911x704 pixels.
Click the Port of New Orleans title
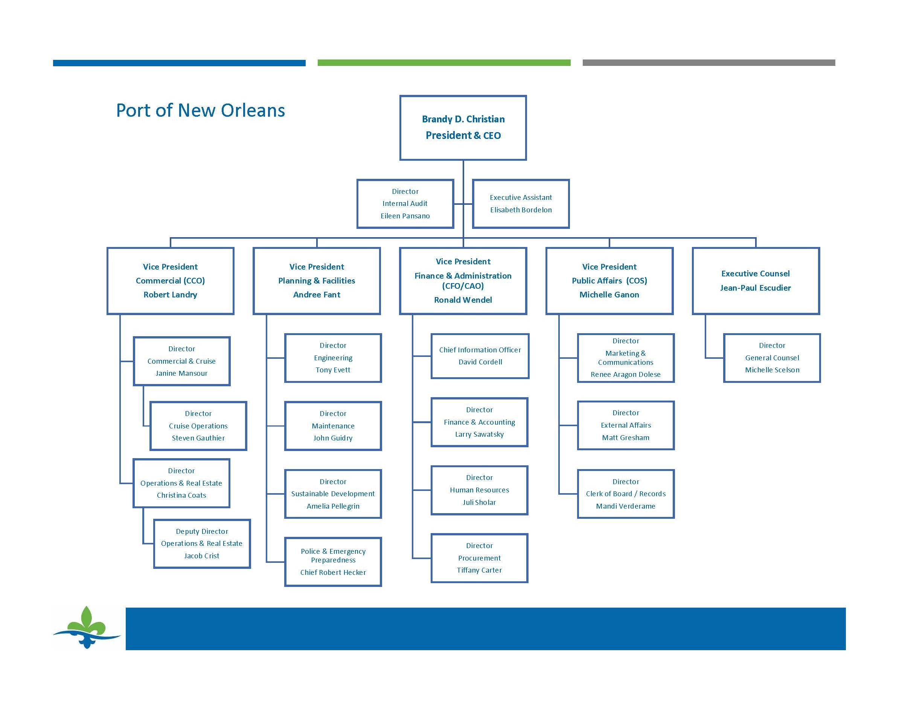tap(200, 111)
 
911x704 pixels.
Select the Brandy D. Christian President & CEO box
tap(463, 128)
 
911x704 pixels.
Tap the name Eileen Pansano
tap(405, 216)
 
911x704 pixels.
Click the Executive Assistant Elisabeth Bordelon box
tap(521, 204)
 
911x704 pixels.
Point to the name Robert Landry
tap(170, 295)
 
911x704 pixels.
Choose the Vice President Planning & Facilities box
tap(317, 281)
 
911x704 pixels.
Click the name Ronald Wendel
tap(463, 300)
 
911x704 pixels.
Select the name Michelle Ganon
tap(609, 295)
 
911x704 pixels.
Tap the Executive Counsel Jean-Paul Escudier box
tap(756, 281)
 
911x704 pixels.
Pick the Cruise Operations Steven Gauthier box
tap(198, 426)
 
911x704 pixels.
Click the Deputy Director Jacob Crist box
tap(202, 543)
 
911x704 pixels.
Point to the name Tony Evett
tap(333, 370)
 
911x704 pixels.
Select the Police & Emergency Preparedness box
tap(333, 562)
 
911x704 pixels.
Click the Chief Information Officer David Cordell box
tap(480, 356)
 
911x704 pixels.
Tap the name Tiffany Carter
tap(479, 570)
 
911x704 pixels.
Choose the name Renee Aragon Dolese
tap(625, 375)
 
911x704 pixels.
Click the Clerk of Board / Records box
tap(626, 494)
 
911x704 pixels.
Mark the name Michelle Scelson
tap(772, 370)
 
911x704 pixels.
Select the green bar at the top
tap(444, 62)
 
